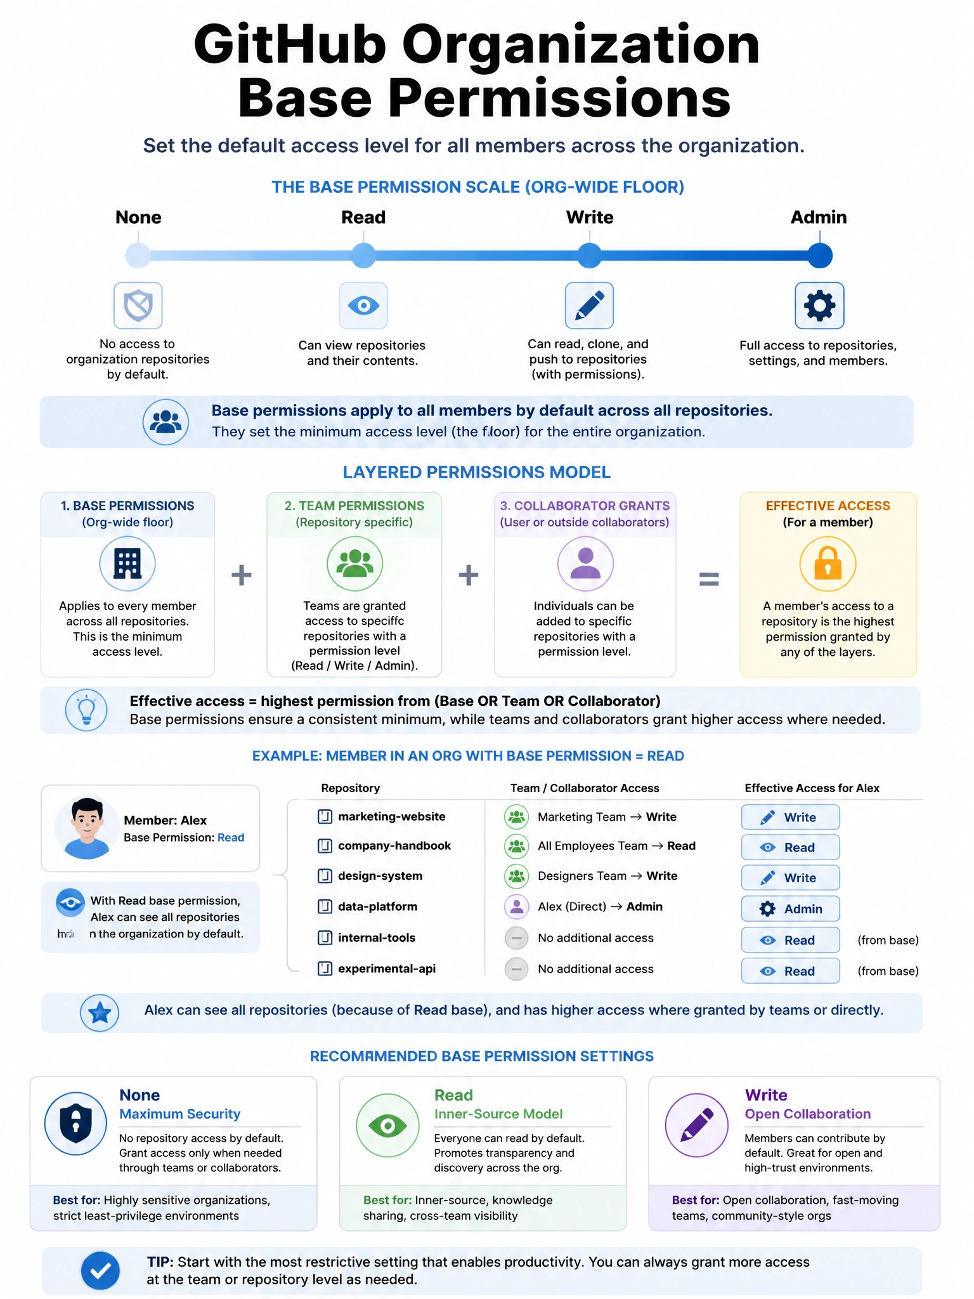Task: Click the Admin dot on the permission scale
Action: [x=819, y=256]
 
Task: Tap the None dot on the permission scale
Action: [x=138, y=256]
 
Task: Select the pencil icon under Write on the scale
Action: [x=589, y=305]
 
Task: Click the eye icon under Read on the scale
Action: [x=363, y=305]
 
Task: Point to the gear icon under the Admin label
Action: [x=819, y=305]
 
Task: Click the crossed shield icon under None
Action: [x=138, y=305]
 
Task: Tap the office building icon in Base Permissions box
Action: [x=127, y=564]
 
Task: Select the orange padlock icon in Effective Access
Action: [x=828, y=564]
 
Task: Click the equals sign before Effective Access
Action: [x=708, y=578]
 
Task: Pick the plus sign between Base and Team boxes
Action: [x=241, y=575]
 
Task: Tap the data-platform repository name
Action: [x=378, y=906]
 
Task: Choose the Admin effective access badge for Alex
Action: [x=790, y=908]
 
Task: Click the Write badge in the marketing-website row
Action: [x=790, y=817]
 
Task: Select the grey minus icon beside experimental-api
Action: [x=516, y=969]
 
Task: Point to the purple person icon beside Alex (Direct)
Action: [x=516, y=906]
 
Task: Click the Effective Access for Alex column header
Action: [x=812, y=788]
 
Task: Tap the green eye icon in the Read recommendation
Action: [x=387, y=1125]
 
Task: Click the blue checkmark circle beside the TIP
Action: [x=100, y=1270]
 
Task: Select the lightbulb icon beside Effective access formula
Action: [x=86, y=710]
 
